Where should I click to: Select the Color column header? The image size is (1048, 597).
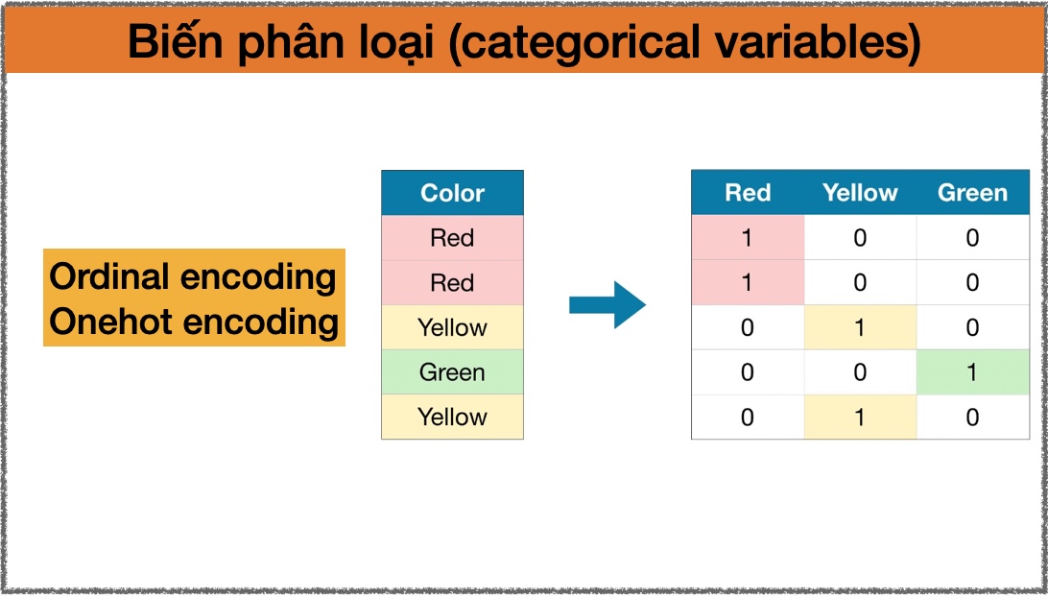[452, 193]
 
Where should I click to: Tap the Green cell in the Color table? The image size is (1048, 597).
[452, 371]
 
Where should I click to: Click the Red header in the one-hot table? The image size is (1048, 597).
[748, 193]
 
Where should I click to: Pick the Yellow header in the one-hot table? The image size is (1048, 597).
[860, 193]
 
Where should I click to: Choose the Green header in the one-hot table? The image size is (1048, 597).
[972, 193]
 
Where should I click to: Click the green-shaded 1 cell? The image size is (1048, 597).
[972, 371]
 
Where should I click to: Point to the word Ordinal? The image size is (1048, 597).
[109, 276]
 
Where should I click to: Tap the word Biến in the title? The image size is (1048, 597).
[176, 40]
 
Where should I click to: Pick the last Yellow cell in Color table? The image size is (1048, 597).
[452, 417]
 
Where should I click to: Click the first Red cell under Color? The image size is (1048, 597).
[452, 237]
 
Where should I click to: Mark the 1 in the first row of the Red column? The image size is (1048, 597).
[748, 237]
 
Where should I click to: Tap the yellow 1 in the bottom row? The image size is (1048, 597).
[860, 417]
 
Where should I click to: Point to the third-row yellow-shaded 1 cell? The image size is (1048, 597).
[860, 327]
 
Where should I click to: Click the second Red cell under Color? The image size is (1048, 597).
[452, 282]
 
